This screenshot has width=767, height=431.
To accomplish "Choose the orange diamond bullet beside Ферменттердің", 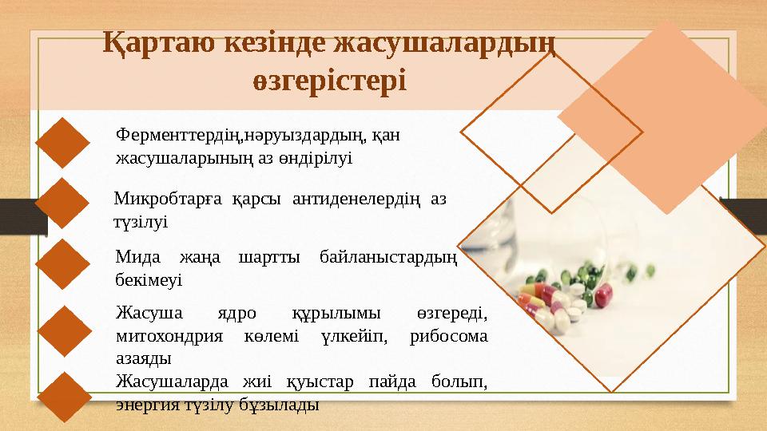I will [63, 142].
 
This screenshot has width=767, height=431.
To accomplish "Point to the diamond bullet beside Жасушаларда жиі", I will [63, 398].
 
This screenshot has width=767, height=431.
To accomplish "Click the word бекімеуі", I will [149, 280].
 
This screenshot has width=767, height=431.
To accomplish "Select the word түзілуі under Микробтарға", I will [141, 220].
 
